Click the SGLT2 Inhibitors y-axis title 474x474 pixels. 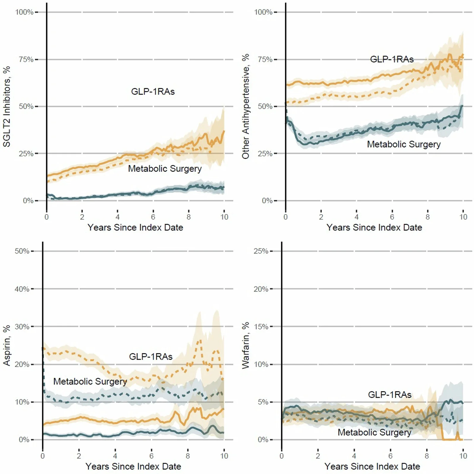[7, 106]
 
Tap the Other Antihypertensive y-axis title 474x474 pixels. [245, 106]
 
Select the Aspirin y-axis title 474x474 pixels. [7, 345]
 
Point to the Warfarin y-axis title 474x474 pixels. [245, 345]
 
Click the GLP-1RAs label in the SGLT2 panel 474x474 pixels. [153, 92]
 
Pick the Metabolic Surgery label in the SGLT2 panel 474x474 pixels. [165, 169]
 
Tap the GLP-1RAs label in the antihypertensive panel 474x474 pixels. [392, 59]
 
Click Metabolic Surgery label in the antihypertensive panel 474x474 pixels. [404, 144]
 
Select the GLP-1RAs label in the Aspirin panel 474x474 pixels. [151, 357]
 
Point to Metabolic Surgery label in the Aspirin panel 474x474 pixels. [90, 382]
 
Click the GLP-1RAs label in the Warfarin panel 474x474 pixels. [390, 395]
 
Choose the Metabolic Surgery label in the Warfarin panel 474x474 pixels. [374, 432]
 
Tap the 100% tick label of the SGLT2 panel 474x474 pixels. [24, 12]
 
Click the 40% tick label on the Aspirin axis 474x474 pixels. [22, 289]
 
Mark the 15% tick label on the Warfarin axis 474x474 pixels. [261, 327]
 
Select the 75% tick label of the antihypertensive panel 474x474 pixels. [265, 59]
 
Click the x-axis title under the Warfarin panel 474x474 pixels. [372, 466]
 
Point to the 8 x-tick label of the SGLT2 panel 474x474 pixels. [188, 217]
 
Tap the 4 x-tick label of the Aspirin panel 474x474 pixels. [115, 456]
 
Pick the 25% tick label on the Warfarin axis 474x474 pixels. [261, 251]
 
